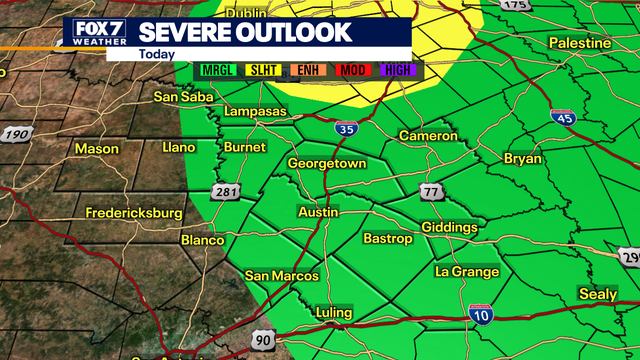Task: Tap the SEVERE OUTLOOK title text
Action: pyautogui.click(x=245, y=31)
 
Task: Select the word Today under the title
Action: pyautogui.click(x=156, y=54)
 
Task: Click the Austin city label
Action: pyautogui.click(x=319, y=213)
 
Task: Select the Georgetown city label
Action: pyautogui.click(x=327, y=163)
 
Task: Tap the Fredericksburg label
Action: pyautogui.click(x=134, y=213)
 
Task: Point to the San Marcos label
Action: pyautogui.click(x=282, y=276)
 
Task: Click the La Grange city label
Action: pyautogui.click(x=467, y=271)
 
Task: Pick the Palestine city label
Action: pyautogui.click(x=580, y=43)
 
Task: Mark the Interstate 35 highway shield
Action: pyautogui.click(x=345, y=127)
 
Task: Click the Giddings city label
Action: pyautogui.click(x=449, y=228)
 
